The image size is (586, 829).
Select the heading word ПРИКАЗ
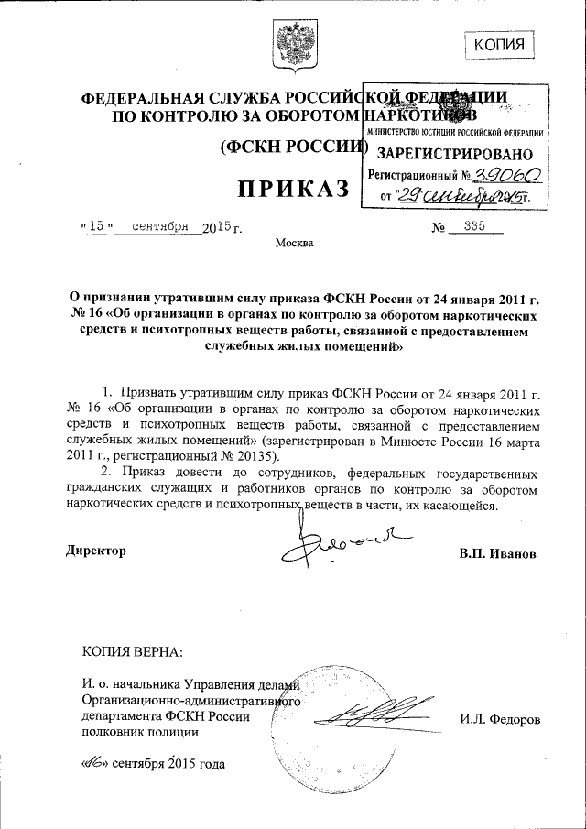[294, 188]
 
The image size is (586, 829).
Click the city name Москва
[293, 243]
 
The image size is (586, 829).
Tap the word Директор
[96, 551]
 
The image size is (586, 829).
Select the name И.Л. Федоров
[500, 720]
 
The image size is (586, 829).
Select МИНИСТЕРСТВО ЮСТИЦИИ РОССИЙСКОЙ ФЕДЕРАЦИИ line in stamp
[455, 134]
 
